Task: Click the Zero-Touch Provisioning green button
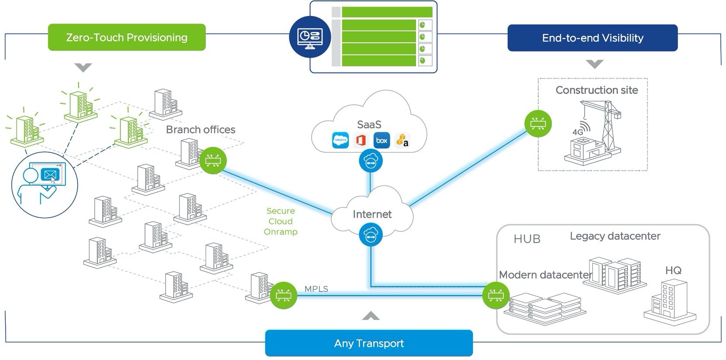tap(127, 38)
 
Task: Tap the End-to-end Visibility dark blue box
tap(592, 38)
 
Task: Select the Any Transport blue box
tap(369, 343)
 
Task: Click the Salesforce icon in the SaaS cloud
tap(340, 141)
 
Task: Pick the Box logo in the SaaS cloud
tap(382, 141)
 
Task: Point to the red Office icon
tap(361, 141)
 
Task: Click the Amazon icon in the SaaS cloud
tap(403, 141)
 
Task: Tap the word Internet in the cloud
tap(372, 214)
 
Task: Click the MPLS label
tap(316, 289)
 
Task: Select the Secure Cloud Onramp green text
tap(281, 221)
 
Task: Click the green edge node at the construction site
tap(538, 123)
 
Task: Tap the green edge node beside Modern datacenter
tap(495, 295)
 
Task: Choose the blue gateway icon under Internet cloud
tap(371, 235)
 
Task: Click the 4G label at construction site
tap(578, 132)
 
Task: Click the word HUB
tap(527, 239)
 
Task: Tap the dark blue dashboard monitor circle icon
tap(310, 36)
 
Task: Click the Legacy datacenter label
tap(615, 236)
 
